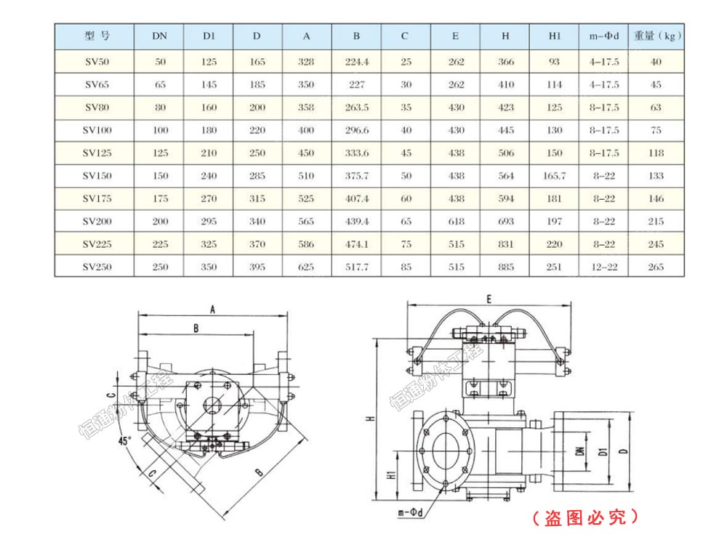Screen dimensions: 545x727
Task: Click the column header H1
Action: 554,36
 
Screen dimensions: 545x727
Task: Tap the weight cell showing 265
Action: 656,267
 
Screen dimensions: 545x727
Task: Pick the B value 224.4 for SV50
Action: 356,62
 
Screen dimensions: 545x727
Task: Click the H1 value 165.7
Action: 554,176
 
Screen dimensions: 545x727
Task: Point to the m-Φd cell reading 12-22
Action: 603,267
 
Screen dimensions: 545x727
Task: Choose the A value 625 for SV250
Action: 306,267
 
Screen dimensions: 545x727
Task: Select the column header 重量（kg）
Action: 656,36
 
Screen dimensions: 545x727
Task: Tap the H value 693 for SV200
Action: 506,221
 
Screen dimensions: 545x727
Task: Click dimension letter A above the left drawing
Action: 212,310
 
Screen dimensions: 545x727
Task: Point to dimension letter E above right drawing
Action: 489,299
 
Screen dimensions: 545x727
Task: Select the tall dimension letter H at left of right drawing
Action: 369,419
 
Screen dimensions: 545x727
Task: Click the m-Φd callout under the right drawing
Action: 411,513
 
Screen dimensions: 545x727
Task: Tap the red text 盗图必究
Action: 585,517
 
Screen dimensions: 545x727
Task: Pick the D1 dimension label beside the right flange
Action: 603,451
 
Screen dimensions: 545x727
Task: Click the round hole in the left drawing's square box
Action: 212,405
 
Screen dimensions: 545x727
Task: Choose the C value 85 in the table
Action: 406,267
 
